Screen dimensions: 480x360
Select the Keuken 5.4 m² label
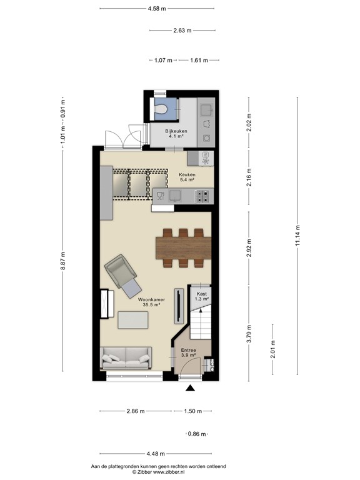click(x=187, y=177)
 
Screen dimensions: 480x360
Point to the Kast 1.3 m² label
click(x=201, y=296)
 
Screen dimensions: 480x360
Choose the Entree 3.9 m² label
click(x=189, y=352)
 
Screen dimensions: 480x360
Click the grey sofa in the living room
click(x=127, y=357)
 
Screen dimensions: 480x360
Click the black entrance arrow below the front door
click(x=190, y=389)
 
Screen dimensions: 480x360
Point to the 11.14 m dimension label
click(x=298, y=236)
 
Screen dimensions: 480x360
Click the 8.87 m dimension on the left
click(x=63, y=263)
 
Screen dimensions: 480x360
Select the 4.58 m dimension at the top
click(x=157, y=9)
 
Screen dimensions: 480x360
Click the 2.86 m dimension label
click(x=136, y=411)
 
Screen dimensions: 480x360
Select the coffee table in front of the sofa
click(x=133, y=320)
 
